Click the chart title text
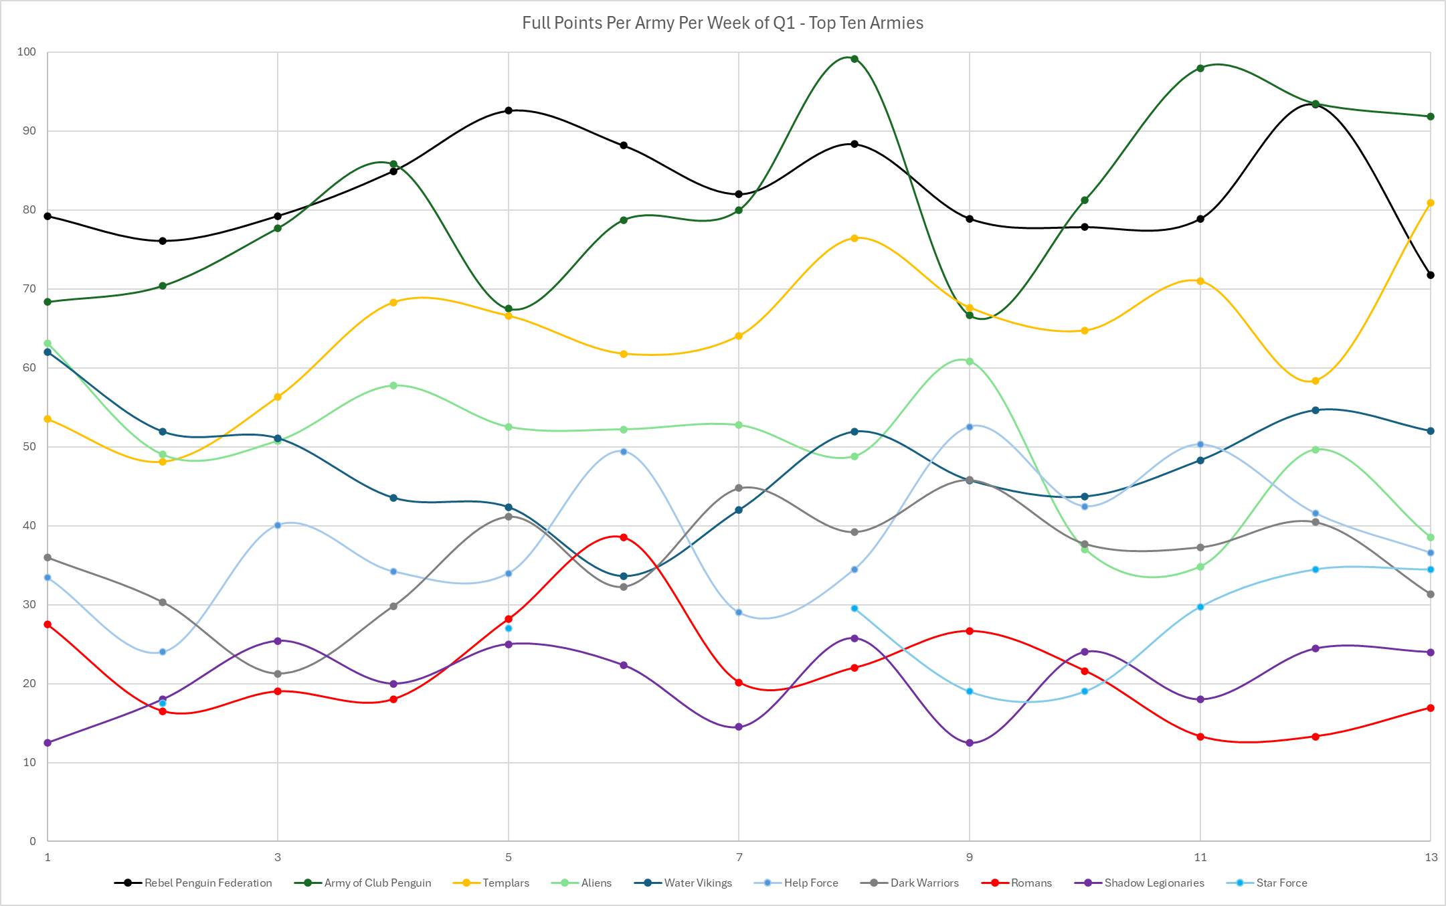pyautogui.click(x=723, y=23)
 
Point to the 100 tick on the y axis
pyautogui.click(x=27, y=52)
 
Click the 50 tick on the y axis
pyautogui.click(x=29, y=447)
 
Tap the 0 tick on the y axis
pyautogui.click(x=32, y=842)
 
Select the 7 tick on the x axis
pyautogui.click(x=739, y=857)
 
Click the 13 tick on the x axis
pyautogui.click(x=1431, y=857)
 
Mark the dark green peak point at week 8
pyautogui.click(x=854, y=59)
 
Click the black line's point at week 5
pyautogui.click(x=509, y=110)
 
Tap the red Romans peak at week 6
pyautogui.click(x=624, y=537)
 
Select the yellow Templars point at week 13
pyautogui.click(x=1431, y=203)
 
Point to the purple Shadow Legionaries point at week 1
pyautogui.click(x=48, y=743)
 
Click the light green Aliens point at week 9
pyautogui.click(x=970, y=361)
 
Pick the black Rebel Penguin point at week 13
pyautogui.click(x=1431, y=275)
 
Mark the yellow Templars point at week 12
pyautogui.click(x=1316, y=381)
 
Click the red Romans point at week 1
pyautogui.click(x=48, y=624)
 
